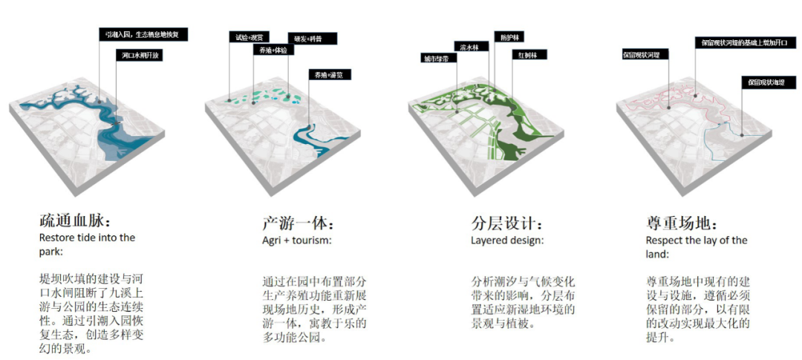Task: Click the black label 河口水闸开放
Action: click(x=140, y=55)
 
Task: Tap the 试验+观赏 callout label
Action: click(x=248, y=36)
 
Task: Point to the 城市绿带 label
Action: click(x=436, y=58)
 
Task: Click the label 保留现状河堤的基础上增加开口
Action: click(x=743, y=42)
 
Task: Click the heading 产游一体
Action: click(x=298, y=223)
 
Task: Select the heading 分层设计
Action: click(x=507, y=223)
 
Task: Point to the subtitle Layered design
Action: click(x=507, y=240)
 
